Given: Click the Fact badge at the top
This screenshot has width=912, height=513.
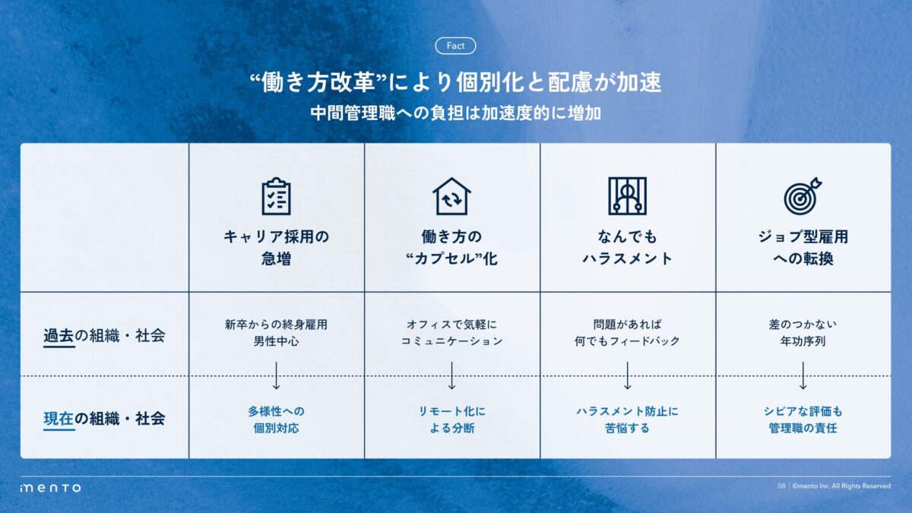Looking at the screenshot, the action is tap(455, 46).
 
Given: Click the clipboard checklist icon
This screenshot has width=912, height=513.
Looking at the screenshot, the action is tap(276, 196).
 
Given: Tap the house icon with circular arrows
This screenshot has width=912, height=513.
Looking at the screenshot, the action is tap(451, 196).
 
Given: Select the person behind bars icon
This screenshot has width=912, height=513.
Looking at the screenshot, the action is tap(628, 196).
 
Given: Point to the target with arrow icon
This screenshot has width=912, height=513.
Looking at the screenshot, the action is tap(803, 196).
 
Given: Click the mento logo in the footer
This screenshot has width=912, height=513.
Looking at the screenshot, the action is tap(50, 487).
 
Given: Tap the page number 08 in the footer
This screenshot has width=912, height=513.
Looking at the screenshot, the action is tap(781, 486).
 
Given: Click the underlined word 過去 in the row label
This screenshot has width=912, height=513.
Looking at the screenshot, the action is tap(59, 336).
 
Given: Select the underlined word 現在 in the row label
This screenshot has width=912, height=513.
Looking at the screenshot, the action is tap(59, 419).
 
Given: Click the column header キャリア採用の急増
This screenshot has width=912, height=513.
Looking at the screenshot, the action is tap(276, 248).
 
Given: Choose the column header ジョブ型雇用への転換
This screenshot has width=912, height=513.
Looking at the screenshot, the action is tap(803, 248).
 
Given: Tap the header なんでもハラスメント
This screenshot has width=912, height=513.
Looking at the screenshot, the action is tap(628, 248).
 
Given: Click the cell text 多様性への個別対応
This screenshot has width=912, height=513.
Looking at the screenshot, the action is tap(276, 420).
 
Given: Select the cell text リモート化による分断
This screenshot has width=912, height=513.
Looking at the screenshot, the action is tap(452, 420).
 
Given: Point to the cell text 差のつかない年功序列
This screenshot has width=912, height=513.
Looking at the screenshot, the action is tap(803, 333).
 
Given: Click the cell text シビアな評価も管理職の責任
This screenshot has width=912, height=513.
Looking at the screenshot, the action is tap(803, 420).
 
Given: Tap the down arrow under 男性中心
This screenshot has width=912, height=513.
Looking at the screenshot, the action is tap(276, 375).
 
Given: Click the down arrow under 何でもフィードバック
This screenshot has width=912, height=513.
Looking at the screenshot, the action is tap(628, 375).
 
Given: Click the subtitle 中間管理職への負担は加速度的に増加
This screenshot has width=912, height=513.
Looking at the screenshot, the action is tap(455, 113).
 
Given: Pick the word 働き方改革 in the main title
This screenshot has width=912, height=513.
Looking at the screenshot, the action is tap(318, 82).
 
